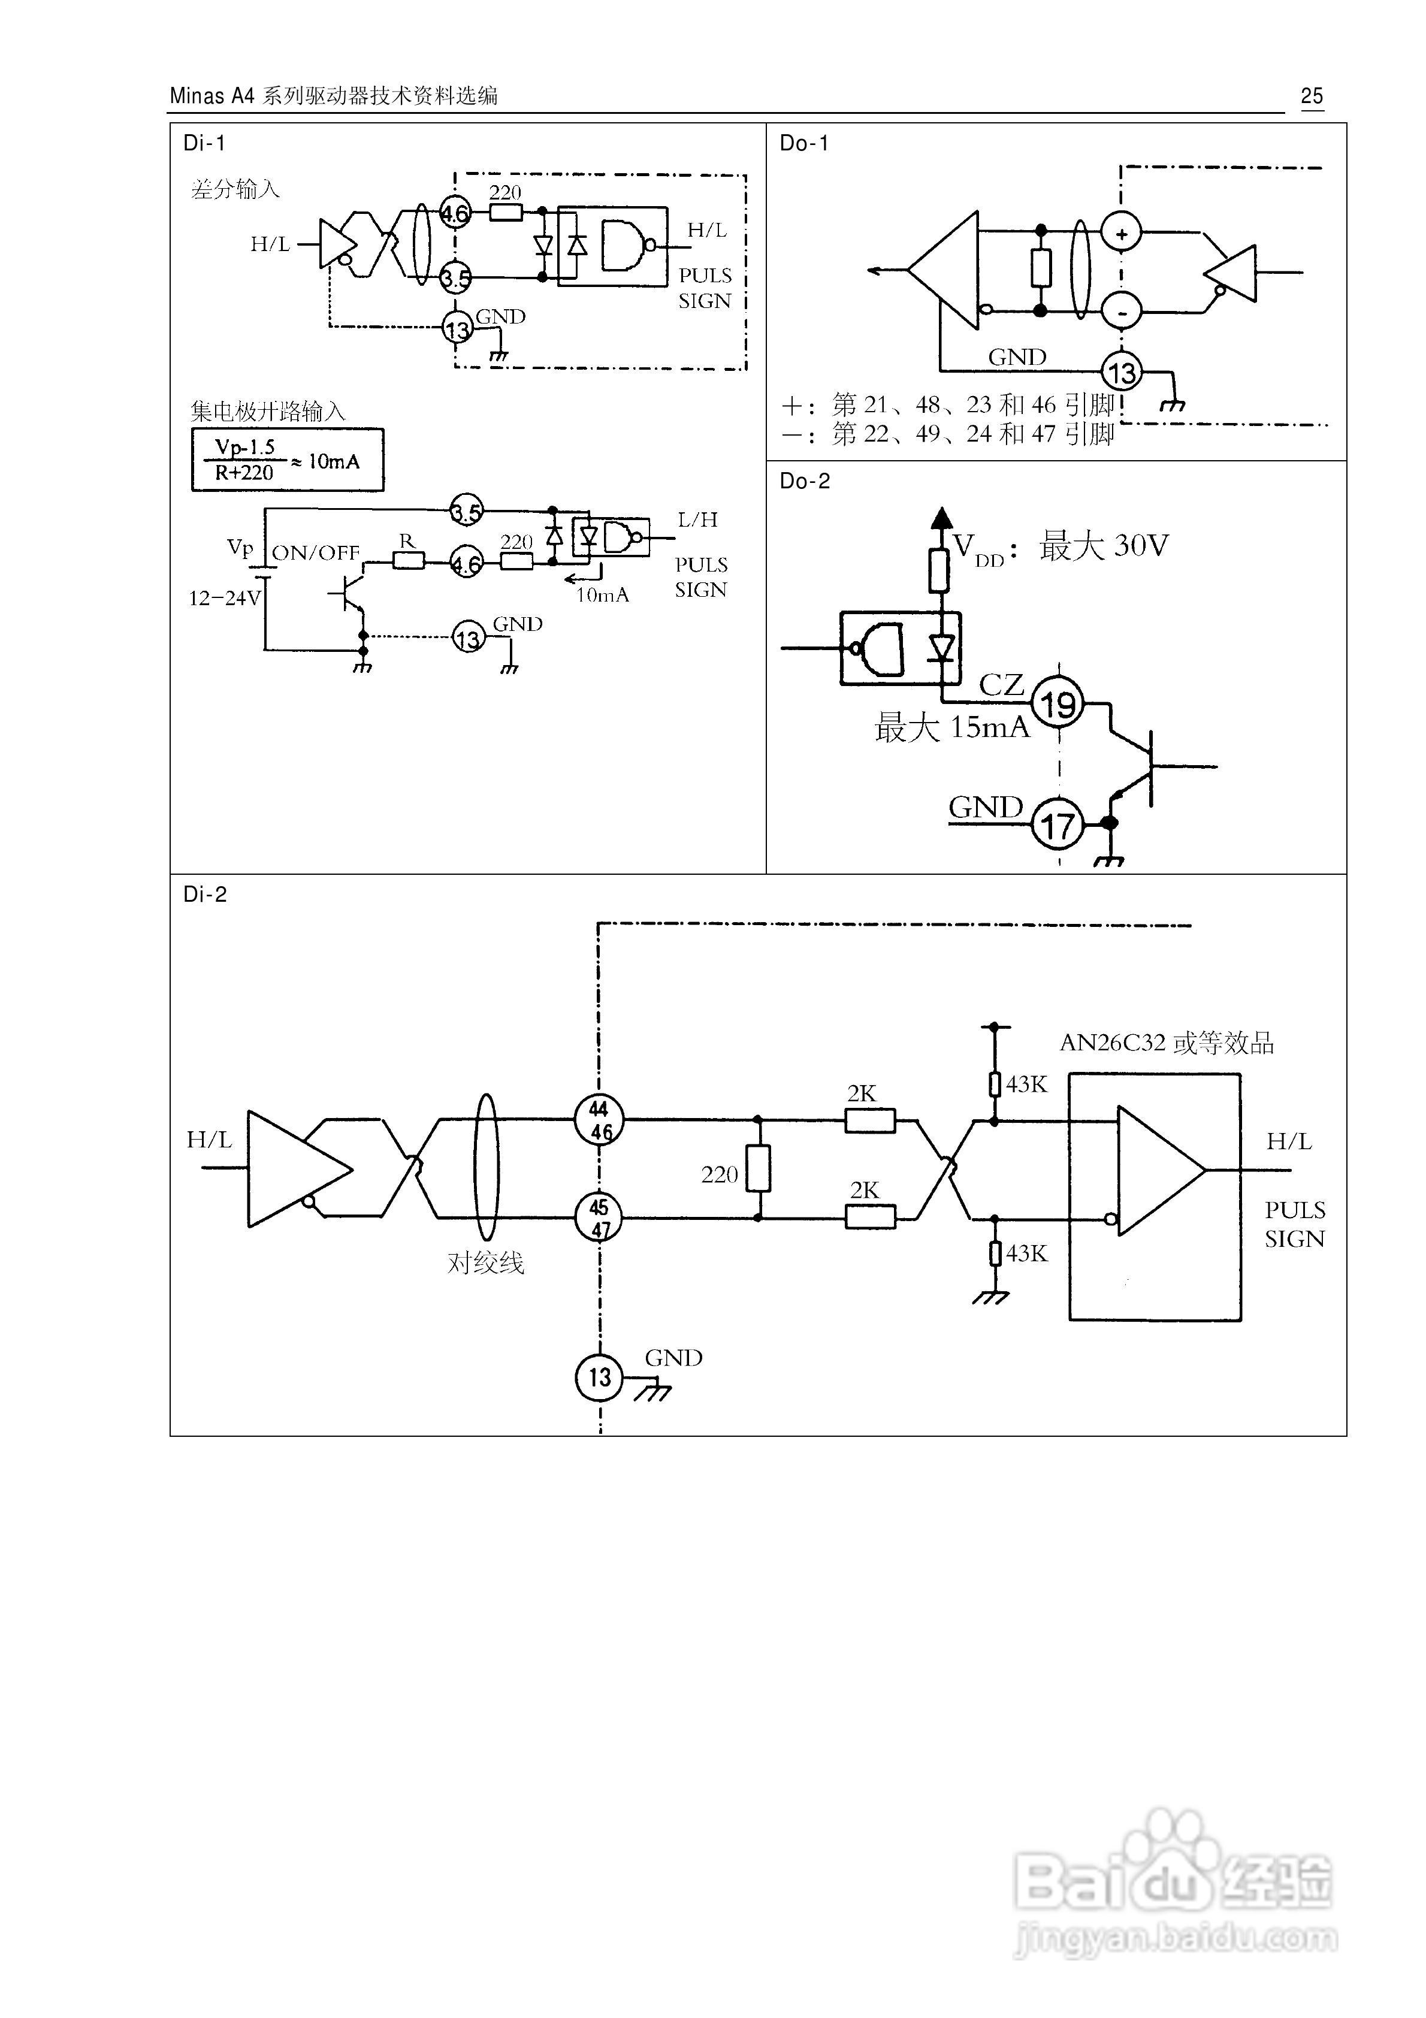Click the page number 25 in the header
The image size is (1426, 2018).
point(1311,96)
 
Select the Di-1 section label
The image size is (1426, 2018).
point(204,143)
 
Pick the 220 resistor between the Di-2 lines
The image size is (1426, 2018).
point(758,1169)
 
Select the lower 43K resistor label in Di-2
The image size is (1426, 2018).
point(1026,1253)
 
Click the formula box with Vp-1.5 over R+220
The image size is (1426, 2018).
point(288,460)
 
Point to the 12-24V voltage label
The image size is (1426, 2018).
point(224,599)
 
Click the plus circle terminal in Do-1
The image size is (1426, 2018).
point(1121,234)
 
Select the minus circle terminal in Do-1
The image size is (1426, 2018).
point(1121,310)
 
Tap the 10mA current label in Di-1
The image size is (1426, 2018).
point(602,595)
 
